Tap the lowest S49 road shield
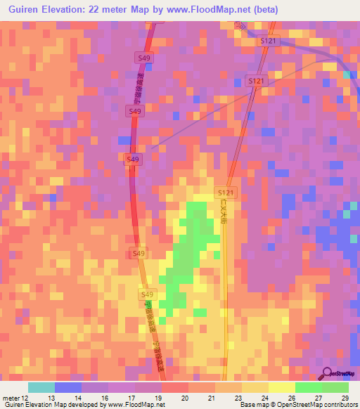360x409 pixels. tap(147, 294)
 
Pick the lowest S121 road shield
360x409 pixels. tap(225, 192)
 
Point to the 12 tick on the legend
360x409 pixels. tap(26, 398)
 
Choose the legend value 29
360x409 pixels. tap(345, 398)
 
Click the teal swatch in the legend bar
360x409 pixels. tap(41, 387)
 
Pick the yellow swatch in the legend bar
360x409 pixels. tap(282, 387)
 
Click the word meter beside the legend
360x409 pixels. tap(10, 398)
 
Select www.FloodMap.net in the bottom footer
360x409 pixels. tap(136, 405)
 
